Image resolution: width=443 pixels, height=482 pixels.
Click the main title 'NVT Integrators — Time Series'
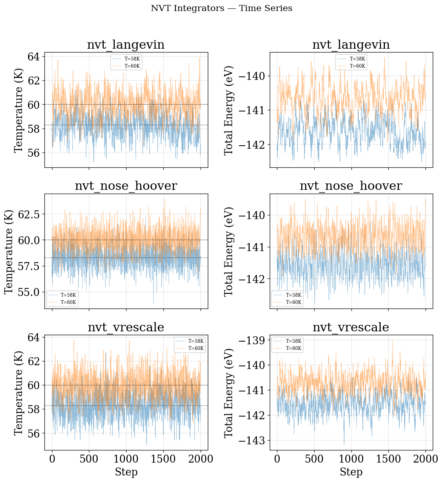coord(221,8)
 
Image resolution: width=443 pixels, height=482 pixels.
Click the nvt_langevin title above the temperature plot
coord(126,45)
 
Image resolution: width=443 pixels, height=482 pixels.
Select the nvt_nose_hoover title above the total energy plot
coord(351,186)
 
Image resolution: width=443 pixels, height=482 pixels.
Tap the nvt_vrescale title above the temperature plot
coord(126,327)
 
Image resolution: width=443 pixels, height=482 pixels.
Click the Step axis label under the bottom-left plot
coord(126,472)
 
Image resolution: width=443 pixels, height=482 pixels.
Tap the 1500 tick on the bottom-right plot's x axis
coord(388,459)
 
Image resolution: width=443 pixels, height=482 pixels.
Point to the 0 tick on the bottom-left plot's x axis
coord(52,459)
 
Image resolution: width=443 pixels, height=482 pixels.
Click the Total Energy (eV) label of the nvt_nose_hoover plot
coord(229,251)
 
